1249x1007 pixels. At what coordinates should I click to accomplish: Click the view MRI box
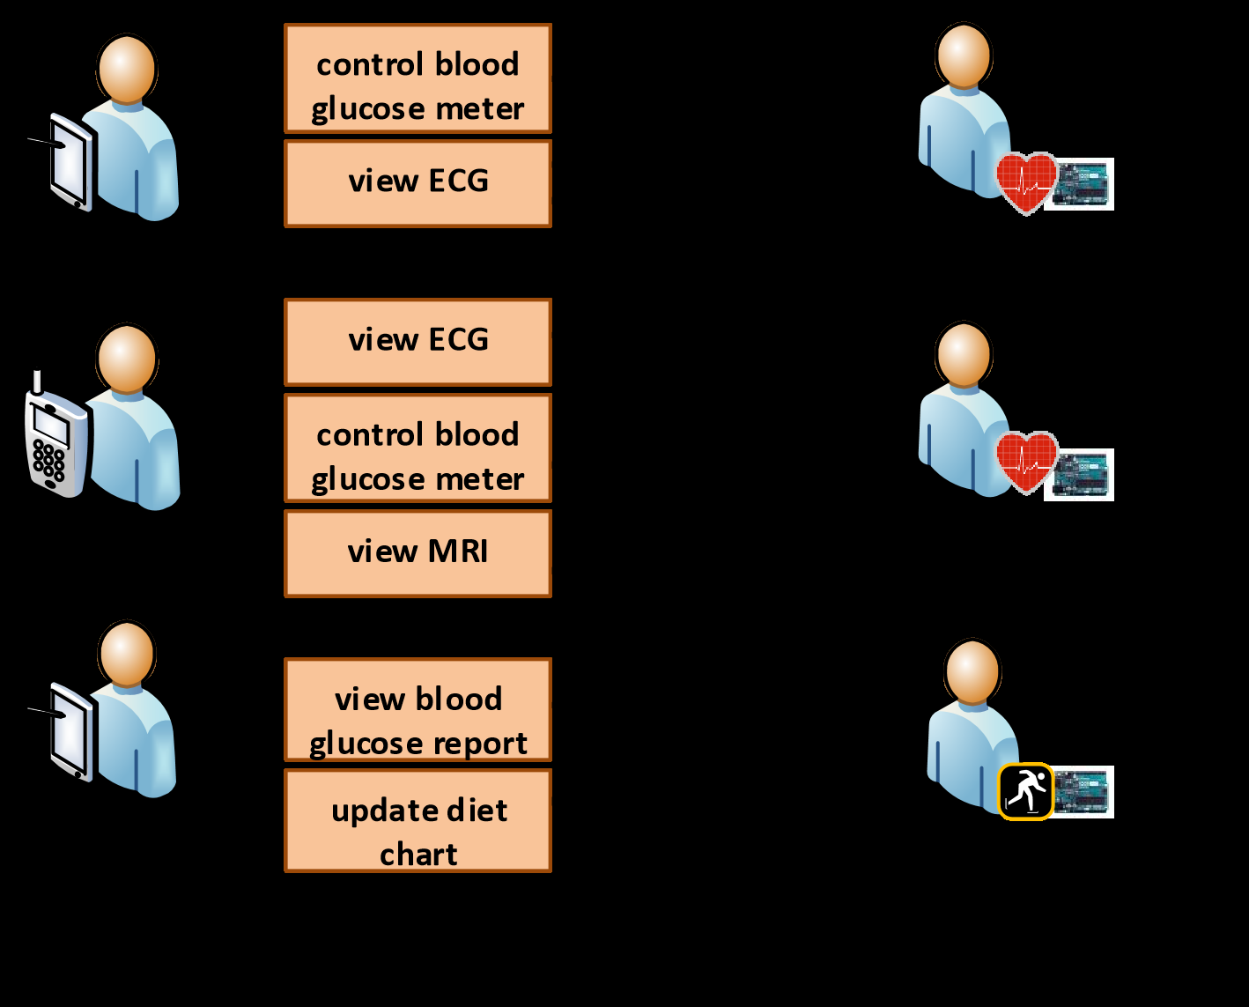pyautogui.click(x=418, y=553)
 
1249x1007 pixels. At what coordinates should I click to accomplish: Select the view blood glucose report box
pyautogui.click(x=418, y=710)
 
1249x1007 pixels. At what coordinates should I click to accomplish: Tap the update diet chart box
pyautogui.click(x=418, y=821)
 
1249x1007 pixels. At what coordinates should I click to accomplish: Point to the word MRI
pyautogui.click(x=458, y=552)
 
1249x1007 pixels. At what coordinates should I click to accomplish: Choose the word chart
pyautogui.click(x=418, y=855)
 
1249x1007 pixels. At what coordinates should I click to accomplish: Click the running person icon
pyautogui.click(x=1026, y=791)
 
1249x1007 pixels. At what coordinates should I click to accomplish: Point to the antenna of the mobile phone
pyautogui.click(x=37, y=382)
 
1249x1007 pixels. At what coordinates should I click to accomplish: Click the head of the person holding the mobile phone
pyautogui.click(x=128, y=358)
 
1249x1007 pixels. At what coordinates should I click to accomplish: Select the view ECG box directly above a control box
pyautogui.click(x=418, y=342)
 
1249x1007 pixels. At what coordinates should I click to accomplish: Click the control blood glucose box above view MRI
pyautogui.click(x=418, y=448)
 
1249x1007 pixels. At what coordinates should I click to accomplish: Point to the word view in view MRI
pyautogui.click(x=382, y=552)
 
